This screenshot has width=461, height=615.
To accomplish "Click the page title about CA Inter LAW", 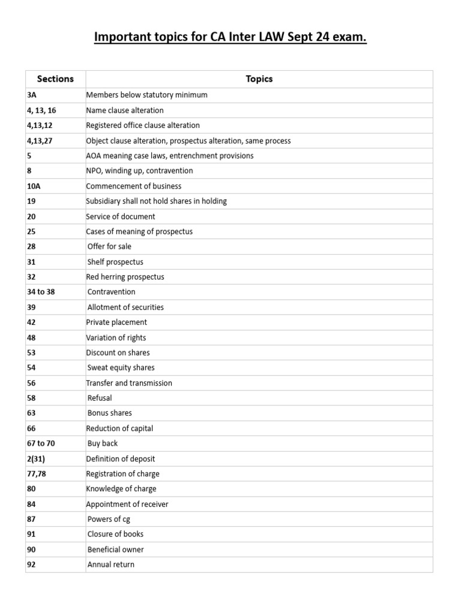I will pos(230,38).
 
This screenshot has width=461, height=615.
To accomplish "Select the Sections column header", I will pos(55,79).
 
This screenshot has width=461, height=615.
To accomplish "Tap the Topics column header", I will pos(259,79).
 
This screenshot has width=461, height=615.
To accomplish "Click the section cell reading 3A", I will pos(32,95).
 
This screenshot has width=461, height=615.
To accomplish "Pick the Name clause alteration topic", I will pos(125,111).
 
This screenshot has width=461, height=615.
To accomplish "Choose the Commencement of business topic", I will pos(134,186).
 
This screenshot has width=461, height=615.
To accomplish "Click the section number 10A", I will pos(34,186).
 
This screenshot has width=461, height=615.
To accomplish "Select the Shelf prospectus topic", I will pos(115,262).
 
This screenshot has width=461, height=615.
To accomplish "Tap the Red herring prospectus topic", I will pos(125,277).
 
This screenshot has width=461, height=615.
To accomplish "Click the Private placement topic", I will pos(116,322).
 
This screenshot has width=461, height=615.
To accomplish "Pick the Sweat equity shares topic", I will pos(121,368).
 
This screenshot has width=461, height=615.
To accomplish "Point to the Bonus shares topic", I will pos(110,413).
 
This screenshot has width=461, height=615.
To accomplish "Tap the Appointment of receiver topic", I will pos(127,504).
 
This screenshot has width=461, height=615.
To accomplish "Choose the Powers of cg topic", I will pos(109,519).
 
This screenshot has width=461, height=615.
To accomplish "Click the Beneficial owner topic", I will pos(116,549).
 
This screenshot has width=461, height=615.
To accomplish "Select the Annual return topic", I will pos(111,565).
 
